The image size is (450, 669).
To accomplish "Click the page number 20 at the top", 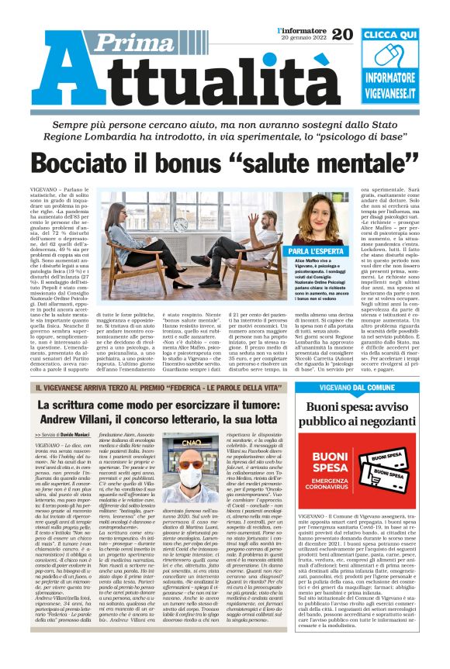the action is (341, 33).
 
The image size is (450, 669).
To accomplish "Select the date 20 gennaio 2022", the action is (301, 39).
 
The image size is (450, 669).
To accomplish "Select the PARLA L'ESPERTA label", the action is (322, 252).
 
